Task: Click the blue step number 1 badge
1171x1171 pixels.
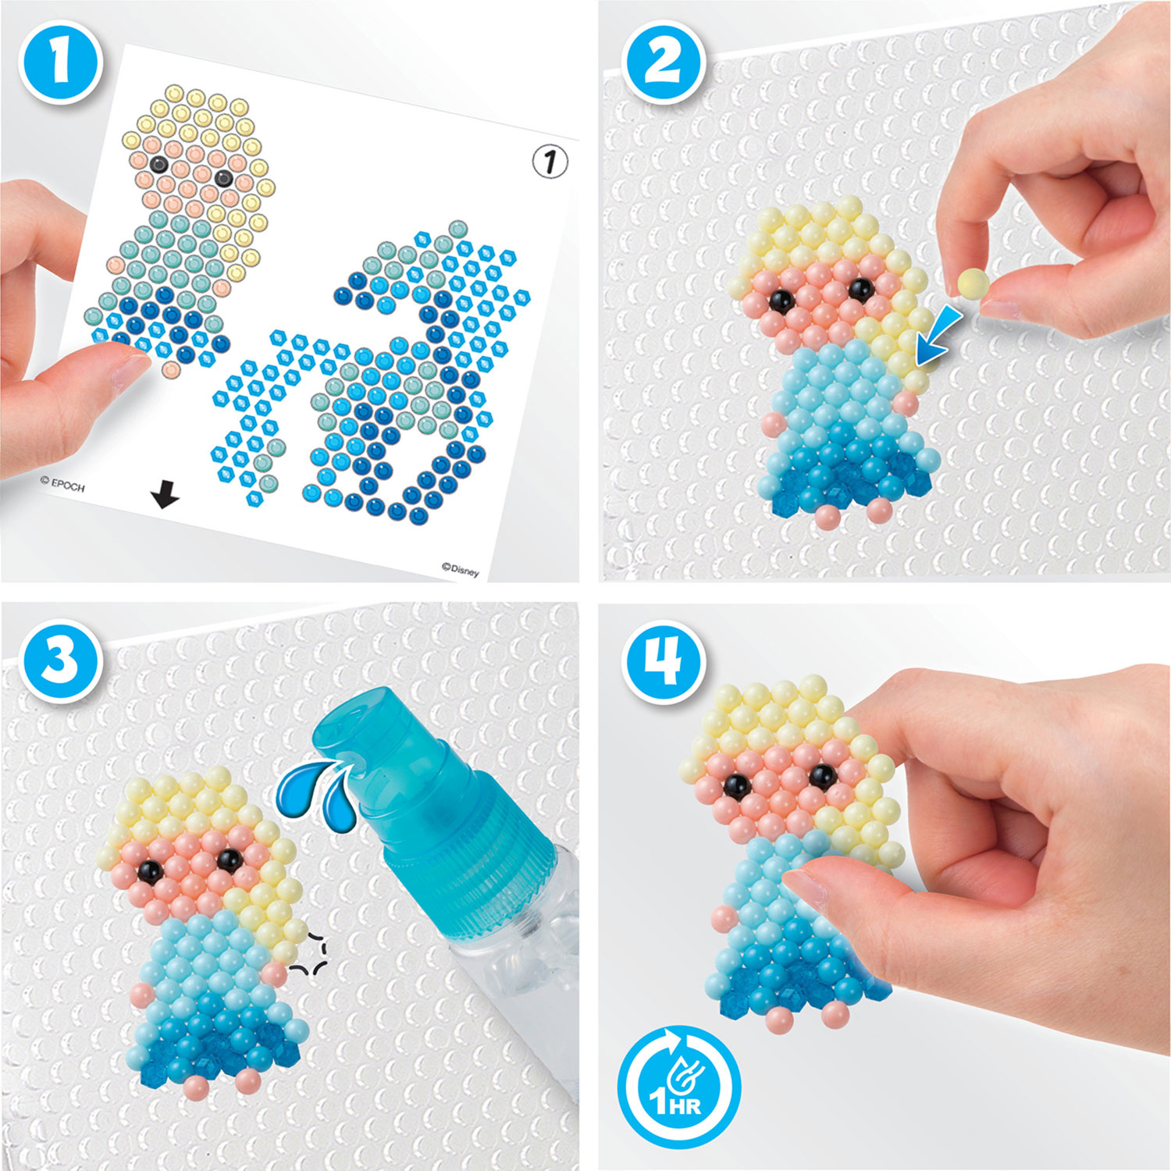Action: click(x=60, y=62)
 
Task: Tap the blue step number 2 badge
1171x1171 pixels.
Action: click(x=664, y=62)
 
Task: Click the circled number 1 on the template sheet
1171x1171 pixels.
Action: click(x=550, y=162)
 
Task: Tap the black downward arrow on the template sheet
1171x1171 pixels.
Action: click(x=165, y=494)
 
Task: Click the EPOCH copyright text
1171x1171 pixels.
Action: click(x=62, y=484)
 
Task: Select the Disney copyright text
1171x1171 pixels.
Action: click(x=460, y=570)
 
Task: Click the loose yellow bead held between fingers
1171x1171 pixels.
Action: click(x=972, y=282)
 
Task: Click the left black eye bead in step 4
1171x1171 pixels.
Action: click(x=734, y=785)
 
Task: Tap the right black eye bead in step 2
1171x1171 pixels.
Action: click(x=860, y=290)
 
